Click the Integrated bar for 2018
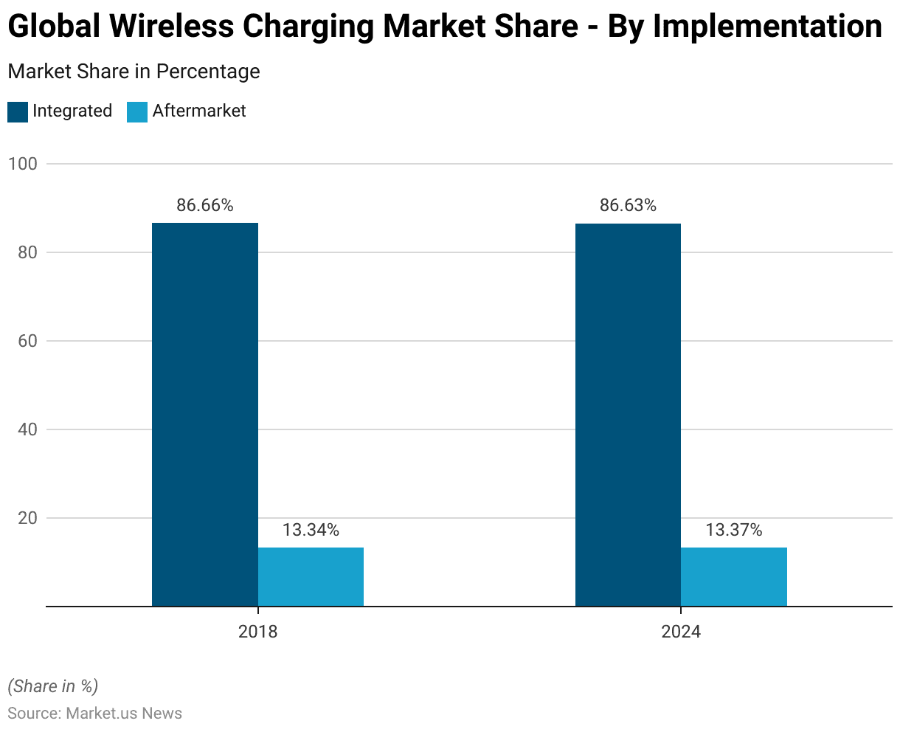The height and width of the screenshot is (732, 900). click(x=205, y=414)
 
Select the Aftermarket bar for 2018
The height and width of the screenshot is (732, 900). click(x=311, y=576)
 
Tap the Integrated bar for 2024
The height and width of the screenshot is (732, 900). click(x=628, y=414)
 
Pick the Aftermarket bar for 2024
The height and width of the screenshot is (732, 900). click(x=734, y=576)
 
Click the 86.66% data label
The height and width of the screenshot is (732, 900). click(x=205, y=206)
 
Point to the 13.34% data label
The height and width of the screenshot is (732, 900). click(x=311, y=530)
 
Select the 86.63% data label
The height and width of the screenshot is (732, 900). click(x=628, y=206)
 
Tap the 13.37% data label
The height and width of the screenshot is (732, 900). click(x=734, y=530)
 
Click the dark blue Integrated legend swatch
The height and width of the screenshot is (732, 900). click(x=18, y=111)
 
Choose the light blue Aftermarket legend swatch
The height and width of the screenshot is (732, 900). click(x=137, y=111)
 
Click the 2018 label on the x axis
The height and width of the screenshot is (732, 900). click(x=258, y=632)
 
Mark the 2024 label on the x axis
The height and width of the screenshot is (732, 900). click(x=681, y=632)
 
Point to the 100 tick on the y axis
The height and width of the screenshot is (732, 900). click(x=22, y=164)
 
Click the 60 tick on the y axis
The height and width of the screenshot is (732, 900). click(x=27, y=341)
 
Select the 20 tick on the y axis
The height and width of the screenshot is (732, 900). click(x=27, y=518)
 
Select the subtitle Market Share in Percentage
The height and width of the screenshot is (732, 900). click(x=134, y=72)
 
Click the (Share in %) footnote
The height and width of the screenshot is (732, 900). click(x=52, y=686)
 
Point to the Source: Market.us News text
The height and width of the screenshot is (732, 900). click(x=94, y=714)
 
